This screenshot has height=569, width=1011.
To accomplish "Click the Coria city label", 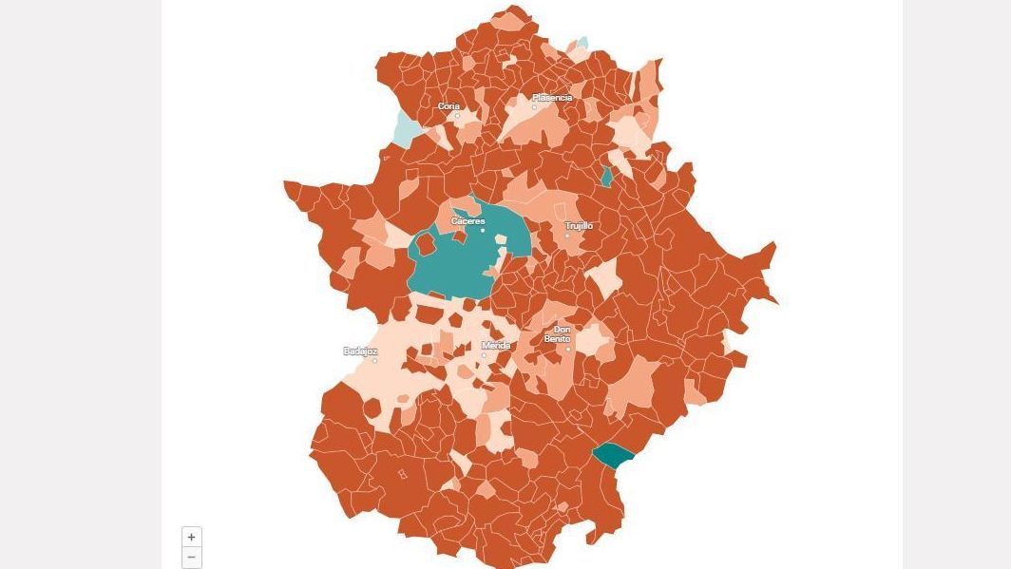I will (x=448, y=106).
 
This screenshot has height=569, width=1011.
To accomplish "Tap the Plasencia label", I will (x=552, y=98).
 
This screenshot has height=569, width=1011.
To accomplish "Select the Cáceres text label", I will (x=467, y=221).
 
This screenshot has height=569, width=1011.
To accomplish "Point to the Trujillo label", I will (x=579, y=226).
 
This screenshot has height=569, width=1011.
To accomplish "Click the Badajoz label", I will (x=360, y=351).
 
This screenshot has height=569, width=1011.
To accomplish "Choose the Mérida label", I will (x=496, y=346).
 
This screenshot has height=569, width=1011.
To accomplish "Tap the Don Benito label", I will (x=557, y=334).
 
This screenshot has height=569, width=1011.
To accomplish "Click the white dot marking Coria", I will (x=457, y=116).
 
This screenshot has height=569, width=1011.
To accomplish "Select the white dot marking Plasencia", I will (x=534, y=107).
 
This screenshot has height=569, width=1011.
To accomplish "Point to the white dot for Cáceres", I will (x=483, y=230).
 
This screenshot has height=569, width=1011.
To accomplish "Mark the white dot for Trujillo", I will (x=567, y=236).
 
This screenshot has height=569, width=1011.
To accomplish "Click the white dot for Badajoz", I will (x=374, y=361).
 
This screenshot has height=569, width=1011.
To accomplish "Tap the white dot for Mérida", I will (x=484, y=355).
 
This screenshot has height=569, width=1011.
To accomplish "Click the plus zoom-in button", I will (x=191, y=537).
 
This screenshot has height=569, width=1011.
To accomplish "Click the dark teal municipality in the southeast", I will (x=613, y=455).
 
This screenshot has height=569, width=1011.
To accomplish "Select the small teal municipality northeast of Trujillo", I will (x=606, y=176).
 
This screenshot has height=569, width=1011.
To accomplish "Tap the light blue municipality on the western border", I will (x=406, y=130).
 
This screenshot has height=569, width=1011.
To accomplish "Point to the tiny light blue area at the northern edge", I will (x=582, y=43).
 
